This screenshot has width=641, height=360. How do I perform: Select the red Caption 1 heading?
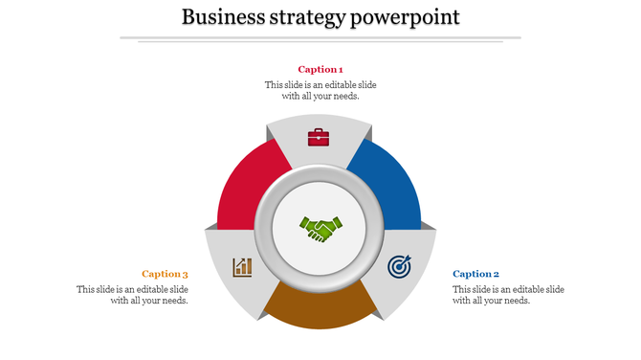pyautogui.click(x=320, y=69)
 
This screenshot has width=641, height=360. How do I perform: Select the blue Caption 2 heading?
pyautogui.click(x=476, y=274)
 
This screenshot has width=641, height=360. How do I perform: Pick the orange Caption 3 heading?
pyautogui.click(x=165, y=274)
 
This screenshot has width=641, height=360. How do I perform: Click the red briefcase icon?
pyautogui.click(x=319, y=137)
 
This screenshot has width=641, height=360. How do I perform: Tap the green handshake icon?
pyautogui.click(x=320, y=229)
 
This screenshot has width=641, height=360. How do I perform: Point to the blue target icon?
pyautogui.click(x=399, y=266)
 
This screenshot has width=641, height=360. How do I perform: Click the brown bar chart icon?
pyautogui.click(x=242, y=266)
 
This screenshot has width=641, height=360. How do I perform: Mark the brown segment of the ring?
pyautogui.click(x=320, y=308)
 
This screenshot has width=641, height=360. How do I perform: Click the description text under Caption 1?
pyautogui.click(x=320, y=90)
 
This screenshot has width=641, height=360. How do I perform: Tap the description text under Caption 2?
pyautogui.click(x=508, y=295)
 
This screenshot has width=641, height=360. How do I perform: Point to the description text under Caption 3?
pyautogui.click(x=133, y=295)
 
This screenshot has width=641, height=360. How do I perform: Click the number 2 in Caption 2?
pyautogui.click(x=497, y=274)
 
